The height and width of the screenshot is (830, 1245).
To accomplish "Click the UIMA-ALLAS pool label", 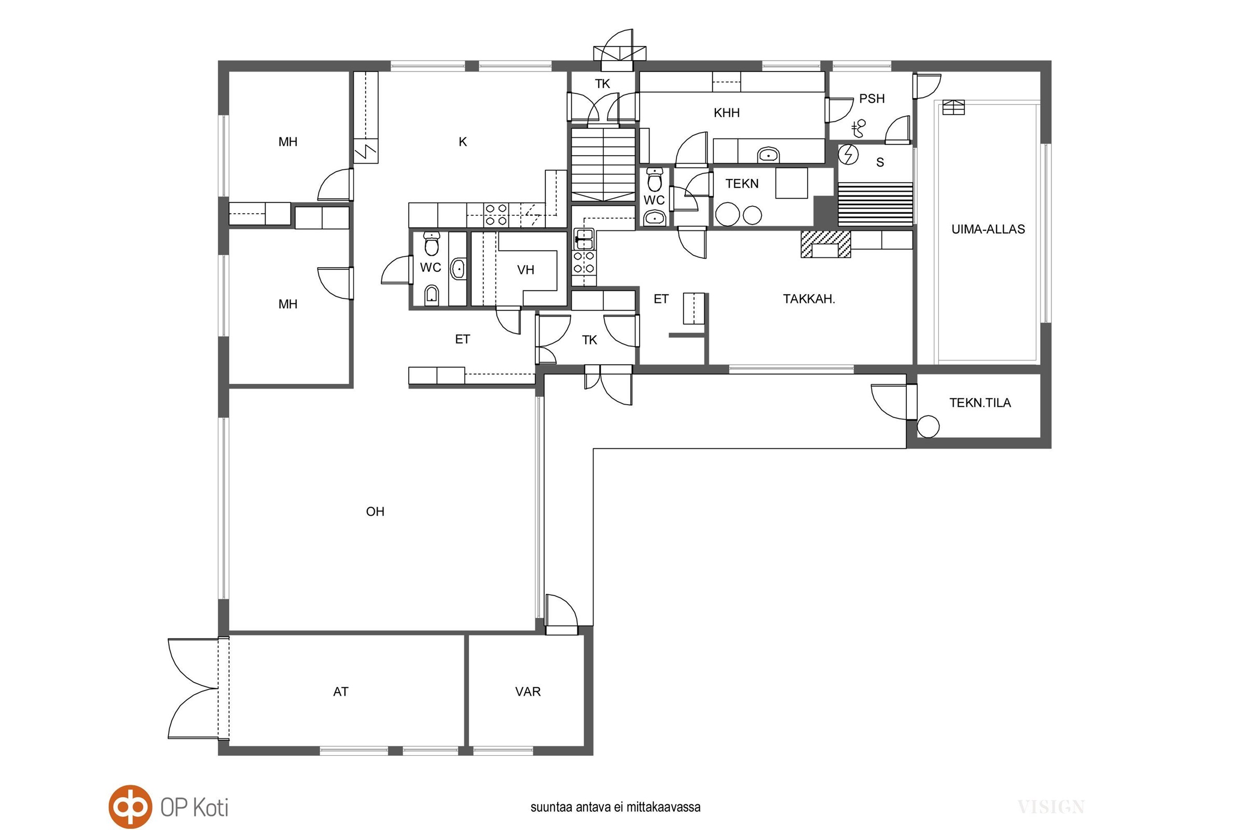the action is point(988,229).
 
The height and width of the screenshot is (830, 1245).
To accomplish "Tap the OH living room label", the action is point(375,511).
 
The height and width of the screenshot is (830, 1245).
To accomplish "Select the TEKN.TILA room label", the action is point(980,403).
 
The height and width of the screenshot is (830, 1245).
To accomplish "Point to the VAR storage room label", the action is point(528,691).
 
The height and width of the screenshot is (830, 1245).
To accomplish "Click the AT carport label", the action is point(340,691).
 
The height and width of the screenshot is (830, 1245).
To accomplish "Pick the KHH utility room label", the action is point(726,113).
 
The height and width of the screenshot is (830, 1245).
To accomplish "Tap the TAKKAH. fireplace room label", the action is point(809,299).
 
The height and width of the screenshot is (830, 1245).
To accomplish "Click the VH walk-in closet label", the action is point(525,270).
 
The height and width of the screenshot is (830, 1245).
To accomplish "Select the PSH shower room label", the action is point(872,99).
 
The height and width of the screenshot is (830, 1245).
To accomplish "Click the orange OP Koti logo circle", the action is point(130,807).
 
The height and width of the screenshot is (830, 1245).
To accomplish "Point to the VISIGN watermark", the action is point(1051,807).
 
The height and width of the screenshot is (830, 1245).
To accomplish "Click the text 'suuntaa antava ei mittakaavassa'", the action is point(616,807).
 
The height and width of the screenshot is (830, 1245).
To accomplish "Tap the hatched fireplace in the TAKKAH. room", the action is point(826,244).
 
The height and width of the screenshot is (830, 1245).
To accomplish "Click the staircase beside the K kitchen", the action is point(603,164).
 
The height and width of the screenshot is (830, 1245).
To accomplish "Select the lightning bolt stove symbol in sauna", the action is point(849,154).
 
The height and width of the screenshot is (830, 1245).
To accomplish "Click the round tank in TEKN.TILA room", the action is point(928,426).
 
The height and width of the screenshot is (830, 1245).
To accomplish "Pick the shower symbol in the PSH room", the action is point(858,128).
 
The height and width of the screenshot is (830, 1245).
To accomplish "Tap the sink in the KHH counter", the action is point(768,155).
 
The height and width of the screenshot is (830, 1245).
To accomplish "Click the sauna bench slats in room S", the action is point(876,204).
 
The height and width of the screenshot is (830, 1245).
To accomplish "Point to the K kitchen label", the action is point(463,142).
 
